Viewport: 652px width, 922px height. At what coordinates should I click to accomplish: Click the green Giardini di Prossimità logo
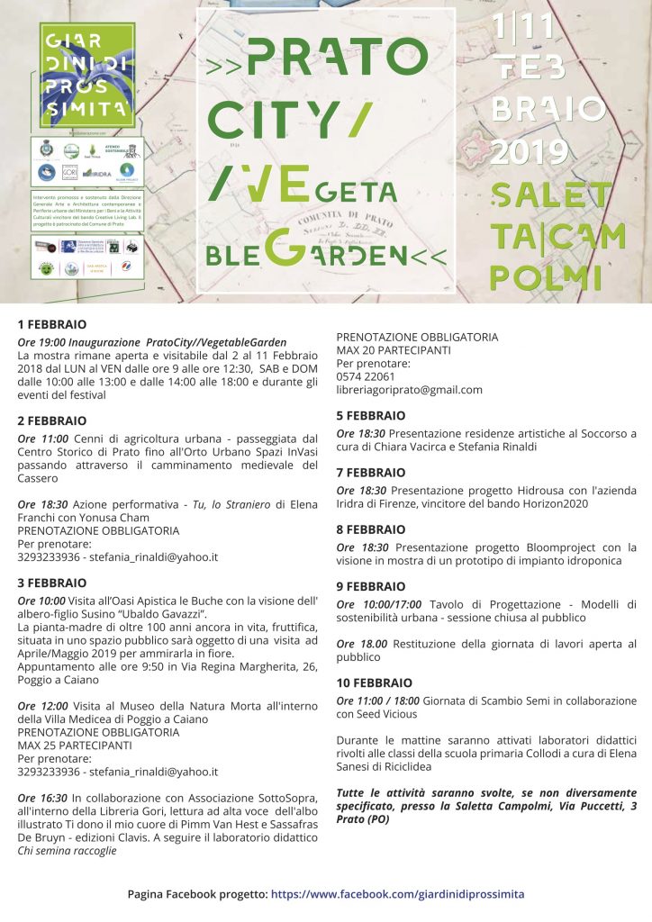pos(86,75)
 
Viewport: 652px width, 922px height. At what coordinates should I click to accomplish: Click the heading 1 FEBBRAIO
pos(52,323)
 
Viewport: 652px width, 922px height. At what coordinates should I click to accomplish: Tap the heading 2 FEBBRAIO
pos(52,420)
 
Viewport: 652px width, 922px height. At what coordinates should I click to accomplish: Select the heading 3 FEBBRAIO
pos(52,583)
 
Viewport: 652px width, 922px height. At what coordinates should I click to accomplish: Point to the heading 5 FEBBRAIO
pos(371,416)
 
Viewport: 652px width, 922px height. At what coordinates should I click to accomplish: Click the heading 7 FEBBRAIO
pos(371,473)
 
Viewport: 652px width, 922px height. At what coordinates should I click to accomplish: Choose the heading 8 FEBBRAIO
pos(371,529)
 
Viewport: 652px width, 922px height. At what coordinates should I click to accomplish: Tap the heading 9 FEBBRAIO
pos(371,586)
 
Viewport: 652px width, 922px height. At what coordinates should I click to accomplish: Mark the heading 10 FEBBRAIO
pos(375,682)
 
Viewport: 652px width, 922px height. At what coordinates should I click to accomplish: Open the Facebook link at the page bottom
pos(397,894)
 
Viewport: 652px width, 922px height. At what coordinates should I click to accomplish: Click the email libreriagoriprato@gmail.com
pos(410,390)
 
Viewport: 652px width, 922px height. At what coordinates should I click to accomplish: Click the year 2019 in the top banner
pos(530,153)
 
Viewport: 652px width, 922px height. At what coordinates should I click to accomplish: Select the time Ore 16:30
pos(42,798)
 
